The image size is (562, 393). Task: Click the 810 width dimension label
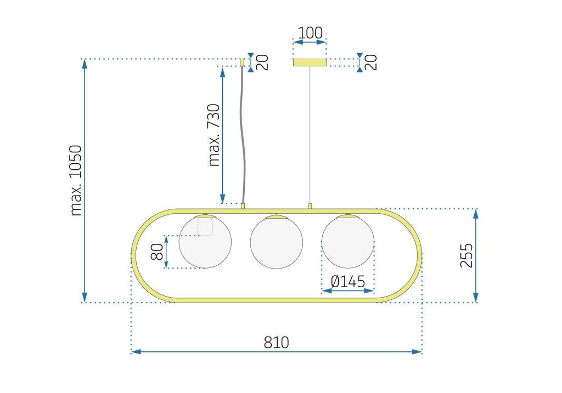[x=276, y=343]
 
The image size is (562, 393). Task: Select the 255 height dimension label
[x=466, y=255]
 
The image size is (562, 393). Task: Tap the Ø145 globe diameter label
[x=347, y=282]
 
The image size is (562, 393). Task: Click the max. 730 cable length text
[x=214, y=135]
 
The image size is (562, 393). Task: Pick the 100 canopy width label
[x=310, y=32]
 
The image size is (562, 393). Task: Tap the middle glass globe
[x=277, y=242]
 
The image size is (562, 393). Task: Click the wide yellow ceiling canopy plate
[x=310, y=63]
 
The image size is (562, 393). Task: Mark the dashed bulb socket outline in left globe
[x=205, y=227]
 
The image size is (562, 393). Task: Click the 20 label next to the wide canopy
[x=372, y=62]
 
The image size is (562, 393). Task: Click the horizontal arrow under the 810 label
[x=276, y=352]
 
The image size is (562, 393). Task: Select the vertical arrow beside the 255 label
[x=475, y=255]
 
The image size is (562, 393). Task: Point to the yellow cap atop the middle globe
[x=277, y=217]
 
